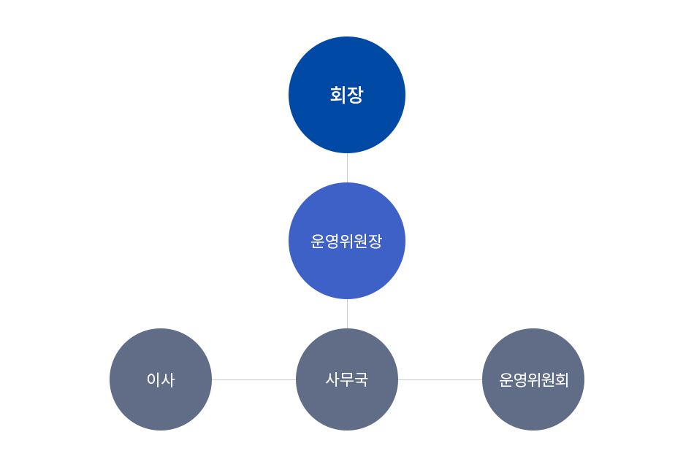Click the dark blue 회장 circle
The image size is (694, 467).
click(x=347, y=95)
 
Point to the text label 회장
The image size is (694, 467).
click(x=346, y=95)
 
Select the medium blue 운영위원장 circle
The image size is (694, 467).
click(x=347, y=241)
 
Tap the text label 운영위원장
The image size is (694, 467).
click(x=346, y=242)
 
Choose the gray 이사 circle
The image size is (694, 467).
click(x=161, y=379)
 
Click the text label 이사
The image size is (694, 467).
click(x=161, y=380)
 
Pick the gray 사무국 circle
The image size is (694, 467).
click(x=347, y=379)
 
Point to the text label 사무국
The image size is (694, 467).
click(x=347, y=379)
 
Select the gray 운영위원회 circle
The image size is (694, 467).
click(x=533, y=379)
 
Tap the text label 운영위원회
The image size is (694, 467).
click(x=533, y=380)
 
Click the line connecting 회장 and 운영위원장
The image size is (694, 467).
click(x=348, y=168)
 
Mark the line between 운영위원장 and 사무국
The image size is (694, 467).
click(x=348, y=314)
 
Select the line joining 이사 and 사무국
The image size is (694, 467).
click(x=253, y=379)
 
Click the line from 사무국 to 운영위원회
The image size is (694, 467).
click(x=441, y=379)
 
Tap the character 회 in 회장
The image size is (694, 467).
click(x=338, y=95)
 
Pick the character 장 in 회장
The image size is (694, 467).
click(x=356, y=95)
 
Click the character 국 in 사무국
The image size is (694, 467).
click(x=361, y=380)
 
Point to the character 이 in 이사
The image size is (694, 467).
click(x=153, y=380)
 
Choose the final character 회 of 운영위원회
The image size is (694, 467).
click(x=562, y=380)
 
